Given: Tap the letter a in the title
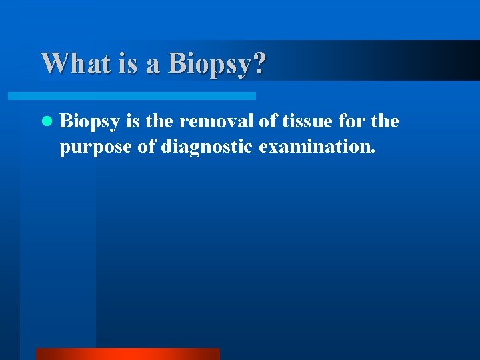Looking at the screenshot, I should point(154,65).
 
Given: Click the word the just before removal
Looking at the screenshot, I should point(163,121).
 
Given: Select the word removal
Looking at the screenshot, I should point(213,121).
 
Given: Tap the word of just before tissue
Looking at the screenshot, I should point(258,121).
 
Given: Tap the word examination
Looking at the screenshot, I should point(317,146).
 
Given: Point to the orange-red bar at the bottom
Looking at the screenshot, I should point(127,354).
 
